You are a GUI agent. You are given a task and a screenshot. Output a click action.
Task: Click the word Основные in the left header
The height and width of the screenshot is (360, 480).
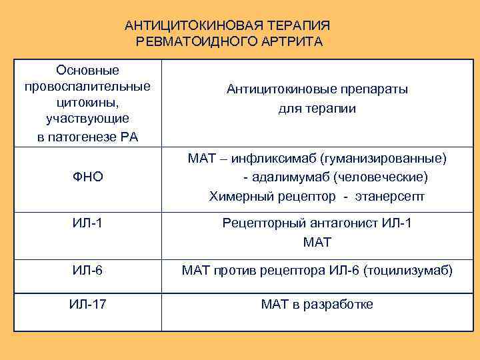coord(87,70)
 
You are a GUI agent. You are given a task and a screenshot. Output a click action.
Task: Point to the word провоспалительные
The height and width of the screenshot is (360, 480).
coord(87,87)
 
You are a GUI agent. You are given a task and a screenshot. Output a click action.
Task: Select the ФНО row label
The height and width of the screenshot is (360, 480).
coord(87,177)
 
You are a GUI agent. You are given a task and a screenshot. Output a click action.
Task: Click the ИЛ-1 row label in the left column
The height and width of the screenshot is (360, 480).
coord(87,223)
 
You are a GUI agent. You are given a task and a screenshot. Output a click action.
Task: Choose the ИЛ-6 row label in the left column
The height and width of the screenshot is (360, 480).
coord(87,271)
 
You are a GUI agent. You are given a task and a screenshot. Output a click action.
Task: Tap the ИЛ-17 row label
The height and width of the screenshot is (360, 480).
coord(87,305)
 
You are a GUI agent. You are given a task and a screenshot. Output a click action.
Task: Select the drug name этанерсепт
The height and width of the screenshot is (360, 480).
coord(391,197)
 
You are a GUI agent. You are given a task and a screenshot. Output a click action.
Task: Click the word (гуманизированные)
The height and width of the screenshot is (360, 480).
coord(383,159)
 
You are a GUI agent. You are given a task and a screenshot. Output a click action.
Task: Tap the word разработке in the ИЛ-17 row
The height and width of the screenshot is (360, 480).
coord(338,305)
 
